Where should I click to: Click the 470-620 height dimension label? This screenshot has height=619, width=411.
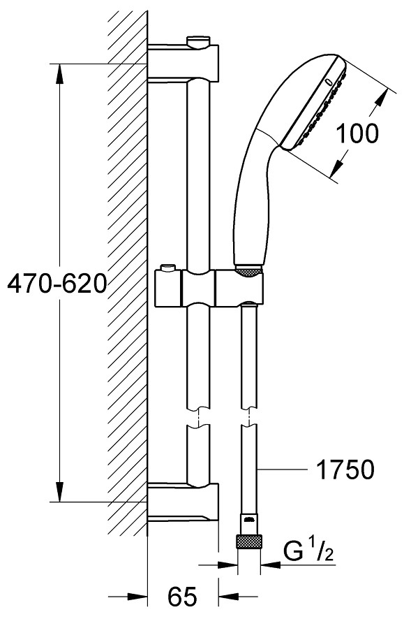[x=57, y=283]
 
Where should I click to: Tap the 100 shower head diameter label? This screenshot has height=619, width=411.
[x=357, y=133]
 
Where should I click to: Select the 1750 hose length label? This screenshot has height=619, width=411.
[x=345, y=469]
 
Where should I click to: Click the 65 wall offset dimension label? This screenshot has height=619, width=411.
[x=182, y=597]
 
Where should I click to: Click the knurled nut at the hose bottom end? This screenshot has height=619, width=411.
[x=248, y=541]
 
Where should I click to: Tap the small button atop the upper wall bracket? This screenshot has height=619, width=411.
[x=198, y=41]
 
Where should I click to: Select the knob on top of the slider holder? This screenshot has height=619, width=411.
[x=168, y=268]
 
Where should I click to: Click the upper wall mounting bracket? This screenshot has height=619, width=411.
[x=183, y=62]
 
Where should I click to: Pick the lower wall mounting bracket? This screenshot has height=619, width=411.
[x=183, y=502]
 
